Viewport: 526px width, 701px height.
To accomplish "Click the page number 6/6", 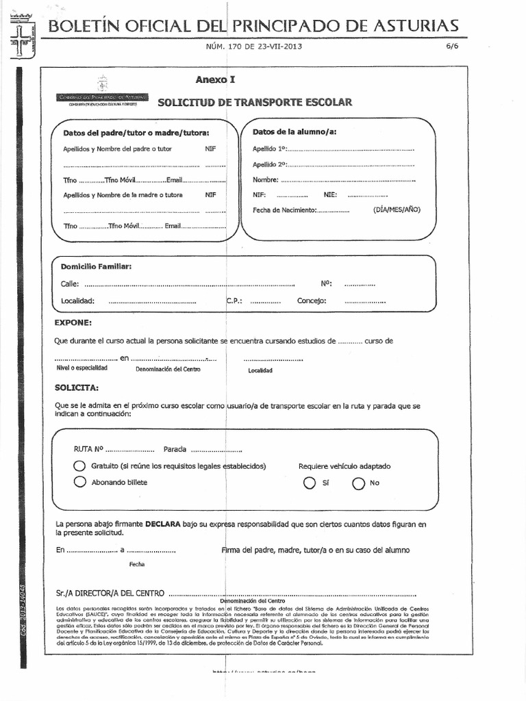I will pos(453,47).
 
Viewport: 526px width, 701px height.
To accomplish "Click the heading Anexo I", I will pos(215,79).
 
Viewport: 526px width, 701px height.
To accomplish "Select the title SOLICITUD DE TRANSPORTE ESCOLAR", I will pos(255,103).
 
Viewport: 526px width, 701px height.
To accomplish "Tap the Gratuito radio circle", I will pos(79,466).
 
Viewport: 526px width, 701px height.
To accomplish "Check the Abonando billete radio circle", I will pos(79,482).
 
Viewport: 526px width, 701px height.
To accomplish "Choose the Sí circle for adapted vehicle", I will pos(310,483).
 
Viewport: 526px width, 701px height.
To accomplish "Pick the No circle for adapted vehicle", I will pos(358,483).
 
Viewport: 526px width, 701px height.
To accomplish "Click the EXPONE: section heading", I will pos(73,322).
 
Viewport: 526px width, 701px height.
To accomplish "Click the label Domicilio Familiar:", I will pos(96,266).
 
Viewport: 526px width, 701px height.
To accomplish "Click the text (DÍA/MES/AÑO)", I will pos(397,209).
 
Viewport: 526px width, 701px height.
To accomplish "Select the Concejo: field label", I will pos(312,301).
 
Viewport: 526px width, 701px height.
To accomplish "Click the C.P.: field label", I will pos(234,301).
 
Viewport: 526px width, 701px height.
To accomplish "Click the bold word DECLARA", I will pos(162,524).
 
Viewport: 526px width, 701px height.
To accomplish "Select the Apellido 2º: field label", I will pos(269,164).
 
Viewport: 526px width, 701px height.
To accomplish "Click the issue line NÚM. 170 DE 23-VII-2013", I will pos(253,47).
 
